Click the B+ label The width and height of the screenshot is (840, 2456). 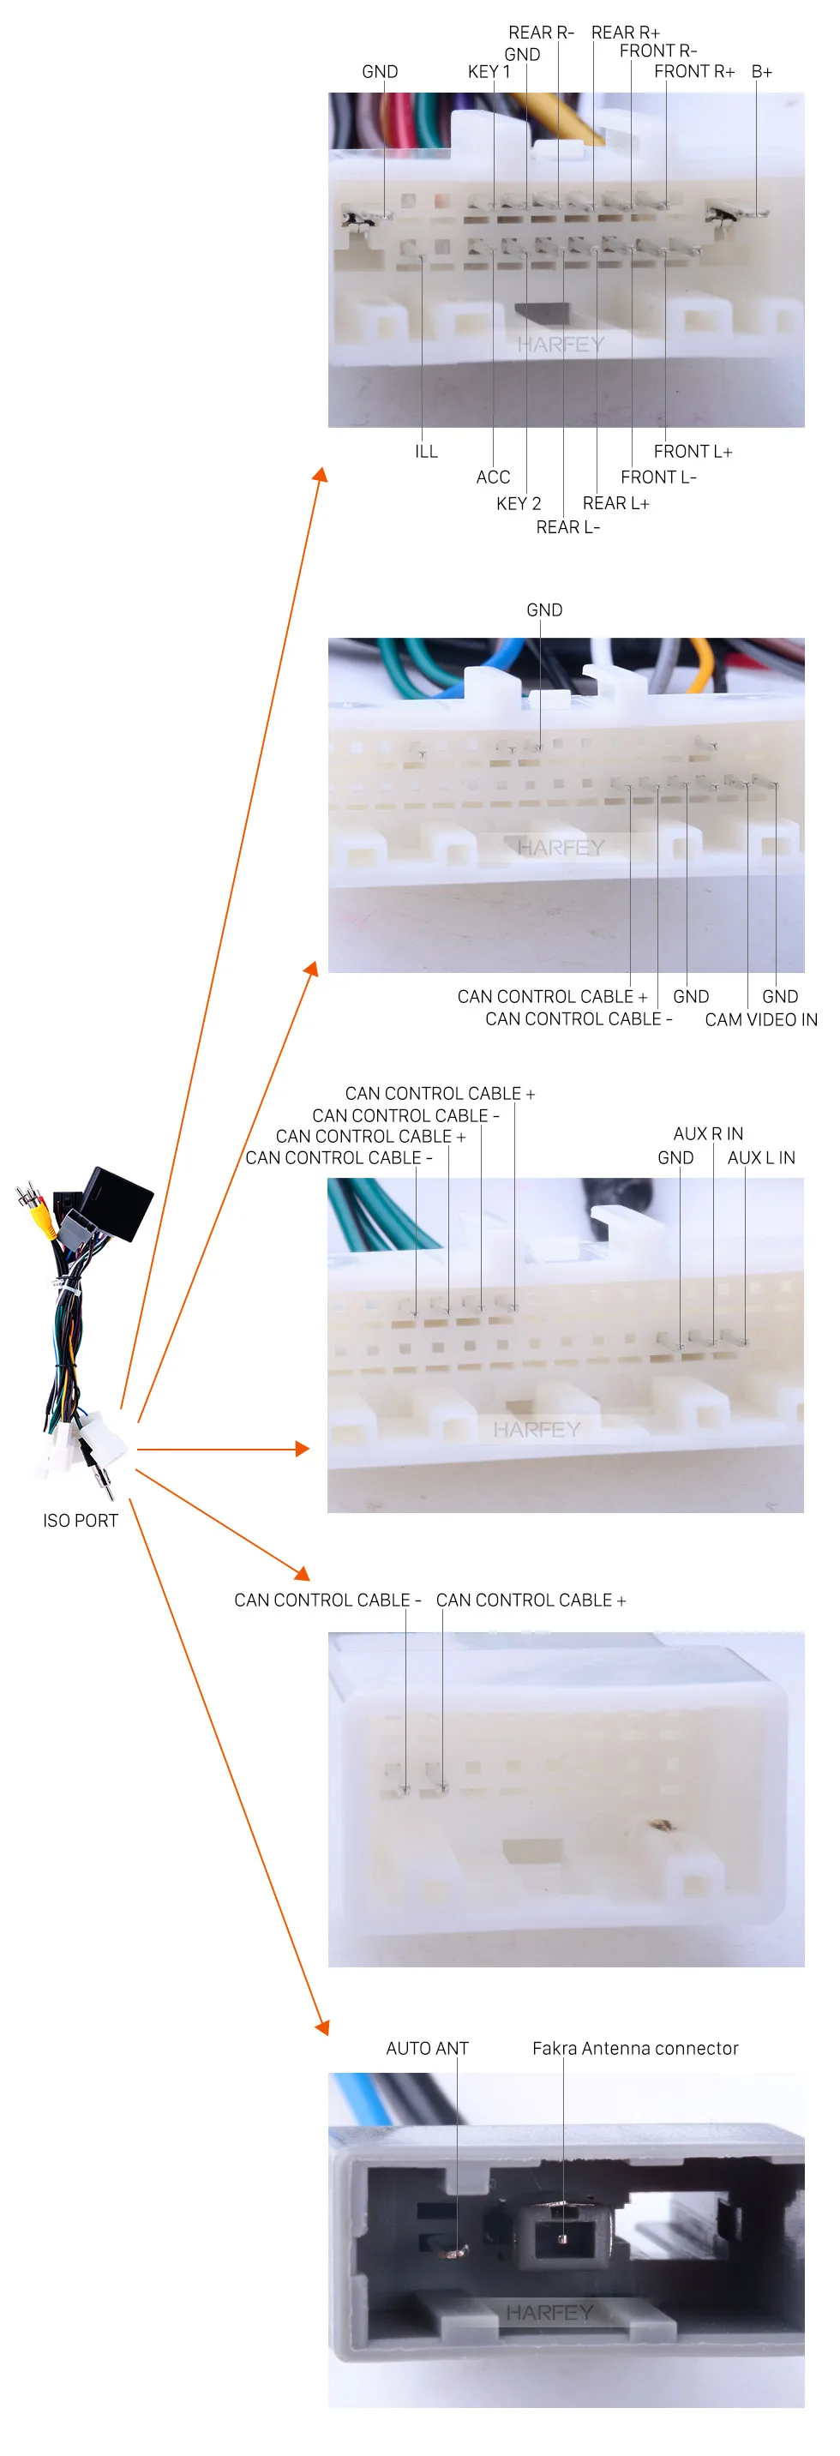(x=761, y=71)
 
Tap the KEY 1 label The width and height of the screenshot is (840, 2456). (x=489, y=71)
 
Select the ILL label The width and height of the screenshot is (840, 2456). (x=426, y=452)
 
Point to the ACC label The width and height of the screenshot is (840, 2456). (x=493, y=477)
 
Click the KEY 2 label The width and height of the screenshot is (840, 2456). (x=518, y=503)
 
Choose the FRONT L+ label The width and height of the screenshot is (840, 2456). (x=693, y=452)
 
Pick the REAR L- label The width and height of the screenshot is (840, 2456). (x=567, y=527)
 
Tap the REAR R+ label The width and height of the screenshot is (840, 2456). (x=625, y=33)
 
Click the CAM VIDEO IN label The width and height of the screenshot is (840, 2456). (x=761, y=1019)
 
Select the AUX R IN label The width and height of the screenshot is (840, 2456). (x=707, y=1133)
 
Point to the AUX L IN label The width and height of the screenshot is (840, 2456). (x=761, y=1157)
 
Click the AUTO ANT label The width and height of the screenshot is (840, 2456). (x=427, y=2048)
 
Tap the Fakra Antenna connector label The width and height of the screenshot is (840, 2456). (x=635, y=2048)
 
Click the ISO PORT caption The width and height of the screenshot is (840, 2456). (x=80, y=1521)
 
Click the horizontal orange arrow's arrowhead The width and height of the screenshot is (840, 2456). (x=303, y=1450)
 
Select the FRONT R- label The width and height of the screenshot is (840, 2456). (x=658, y=51)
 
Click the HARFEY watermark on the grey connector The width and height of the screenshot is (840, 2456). (x=549, y=2312)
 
